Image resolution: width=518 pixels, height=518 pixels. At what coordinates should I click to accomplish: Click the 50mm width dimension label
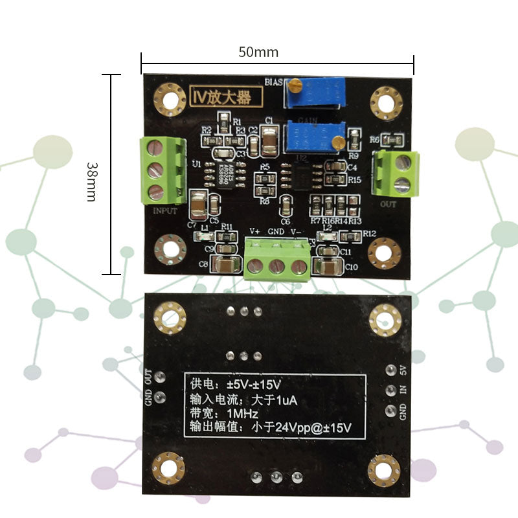(x=258, y=52)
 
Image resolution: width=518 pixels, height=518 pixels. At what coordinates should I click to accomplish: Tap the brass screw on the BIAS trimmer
(x=295, y=84)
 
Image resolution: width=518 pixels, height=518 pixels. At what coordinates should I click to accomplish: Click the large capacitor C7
(x=198, y=206)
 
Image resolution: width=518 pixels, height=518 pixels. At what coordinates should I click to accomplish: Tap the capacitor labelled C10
(x=329, y=266)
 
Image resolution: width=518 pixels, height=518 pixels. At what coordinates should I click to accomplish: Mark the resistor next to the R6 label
(x=394, y=139)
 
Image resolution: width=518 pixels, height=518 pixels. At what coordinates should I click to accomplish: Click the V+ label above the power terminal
(x=255, y=231)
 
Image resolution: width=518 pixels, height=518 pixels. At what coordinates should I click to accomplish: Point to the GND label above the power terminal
(x=276, y=231)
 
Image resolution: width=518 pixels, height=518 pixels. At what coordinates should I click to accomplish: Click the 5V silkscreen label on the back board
(x=403, y=370)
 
